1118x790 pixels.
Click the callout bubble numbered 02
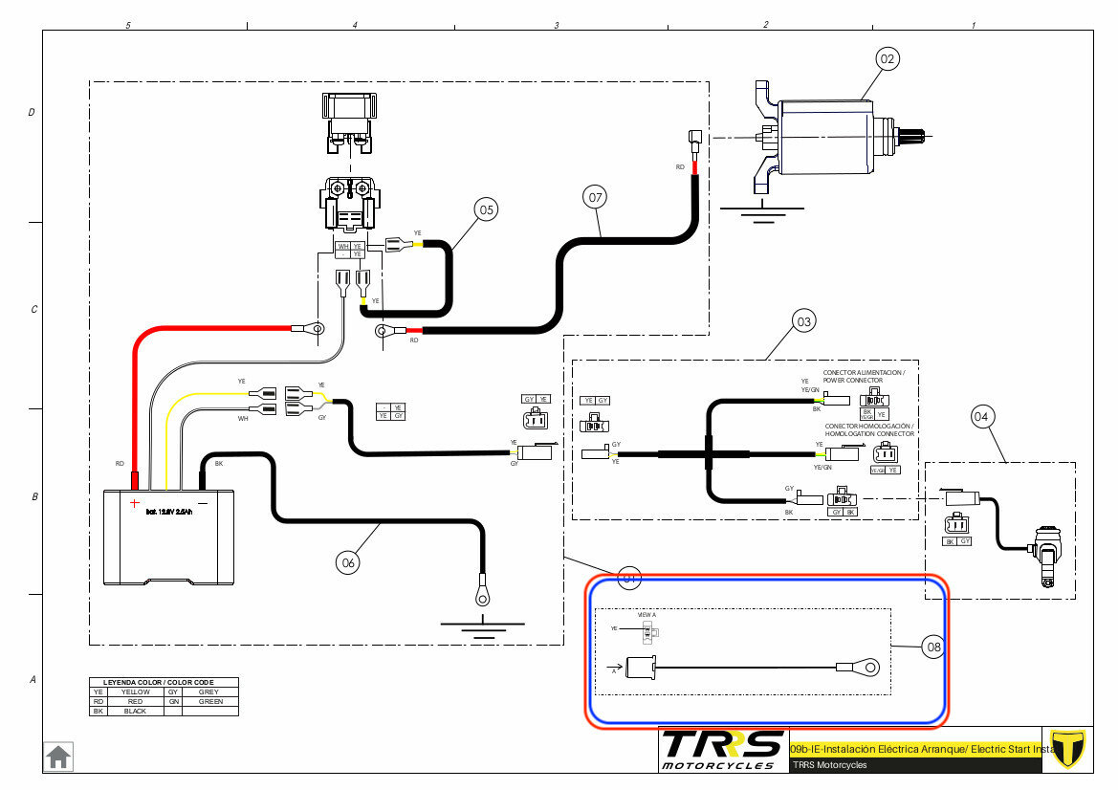888,59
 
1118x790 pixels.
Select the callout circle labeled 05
487,210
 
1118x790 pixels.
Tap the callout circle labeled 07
596,198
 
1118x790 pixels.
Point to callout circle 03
804,322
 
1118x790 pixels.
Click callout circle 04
982,416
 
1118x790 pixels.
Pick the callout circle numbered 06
348,563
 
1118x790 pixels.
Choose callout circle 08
933,647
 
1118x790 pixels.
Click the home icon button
58,757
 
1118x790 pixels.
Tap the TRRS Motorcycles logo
722,749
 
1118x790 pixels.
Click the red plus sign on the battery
135,501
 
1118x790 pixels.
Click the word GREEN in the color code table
209,701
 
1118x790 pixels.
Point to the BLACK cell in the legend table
135,712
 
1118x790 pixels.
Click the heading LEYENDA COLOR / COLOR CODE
164,682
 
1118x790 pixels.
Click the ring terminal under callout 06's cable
481,597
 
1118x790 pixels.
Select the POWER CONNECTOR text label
852,380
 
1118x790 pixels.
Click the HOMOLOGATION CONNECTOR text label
869,434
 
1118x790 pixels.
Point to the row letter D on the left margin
32,113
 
